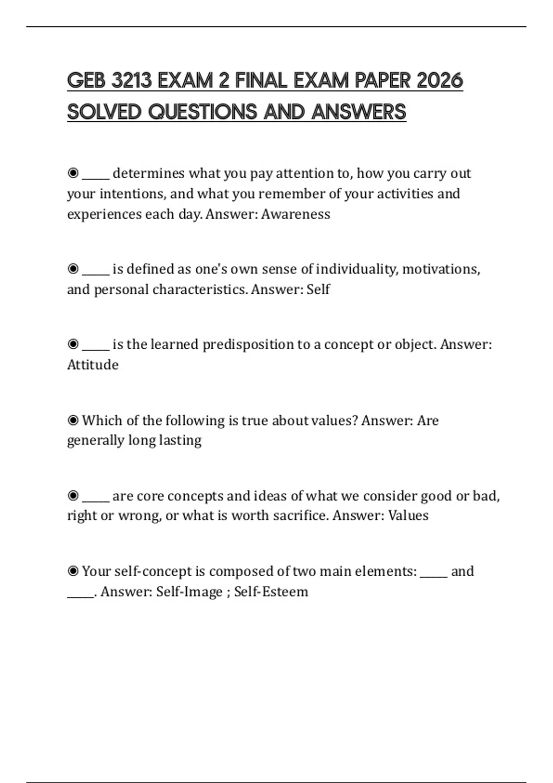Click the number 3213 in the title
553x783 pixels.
pos(132,81)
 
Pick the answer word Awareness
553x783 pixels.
pos(295,214)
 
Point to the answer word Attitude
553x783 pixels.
pos(93,365)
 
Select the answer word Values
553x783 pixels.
pos(408,515)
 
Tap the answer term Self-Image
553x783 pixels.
pos(189,591)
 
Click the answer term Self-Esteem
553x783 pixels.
pos(271,591)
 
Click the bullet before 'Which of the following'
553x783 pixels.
pos(73,420)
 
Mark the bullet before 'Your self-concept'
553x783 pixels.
pos(73,571)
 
